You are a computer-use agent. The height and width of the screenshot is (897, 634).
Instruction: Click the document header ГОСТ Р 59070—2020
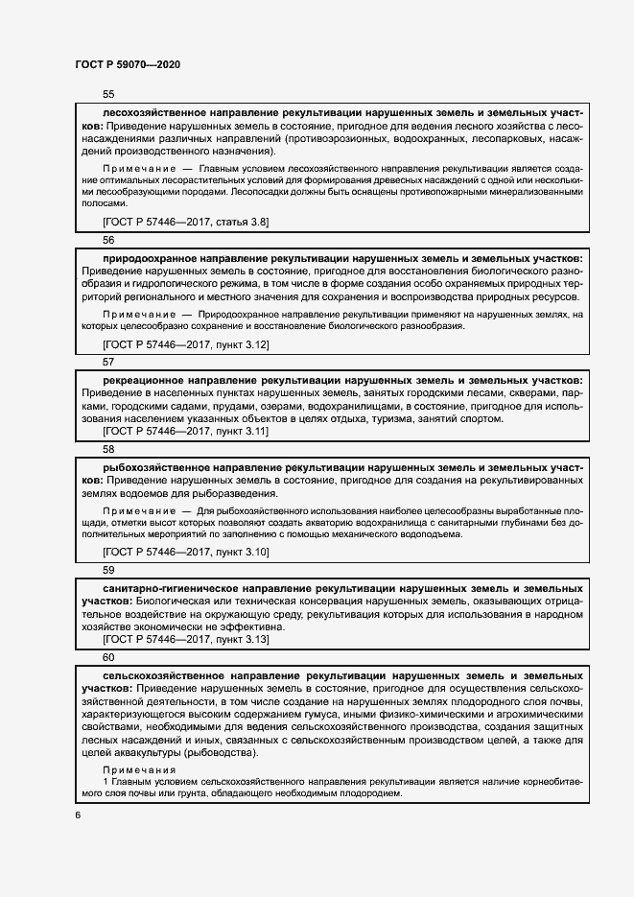pos(128,64)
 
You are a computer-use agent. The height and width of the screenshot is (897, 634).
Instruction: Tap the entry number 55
pos(108,95)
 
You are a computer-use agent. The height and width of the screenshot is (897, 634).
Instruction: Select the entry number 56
pos(108,240)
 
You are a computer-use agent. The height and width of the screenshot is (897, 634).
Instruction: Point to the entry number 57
pos(108,362)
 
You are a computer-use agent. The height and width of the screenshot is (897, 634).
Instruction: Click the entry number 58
pos(108,449)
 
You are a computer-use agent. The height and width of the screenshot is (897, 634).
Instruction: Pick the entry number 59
pos(108,570)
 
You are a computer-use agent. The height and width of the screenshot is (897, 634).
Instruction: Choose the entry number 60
pos(108,657)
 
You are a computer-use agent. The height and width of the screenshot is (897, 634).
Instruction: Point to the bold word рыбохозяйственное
pos(151,466)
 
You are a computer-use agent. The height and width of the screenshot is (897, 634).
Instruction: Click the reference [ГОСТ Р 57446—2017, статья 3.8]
pos(186,223)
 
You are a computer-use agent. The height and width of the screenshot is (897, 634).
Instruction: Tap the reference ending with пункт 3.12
pos(186,343)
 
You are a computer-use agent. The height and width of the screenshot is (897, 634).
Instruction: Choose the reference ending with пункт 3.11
pos(186,432)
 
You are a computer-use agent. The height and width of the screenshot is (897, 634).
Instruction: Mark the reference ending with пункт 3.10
pos(186,553)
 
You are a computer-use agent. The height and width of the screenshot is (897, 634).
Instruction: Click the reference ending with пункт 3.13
pos(186,639)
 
